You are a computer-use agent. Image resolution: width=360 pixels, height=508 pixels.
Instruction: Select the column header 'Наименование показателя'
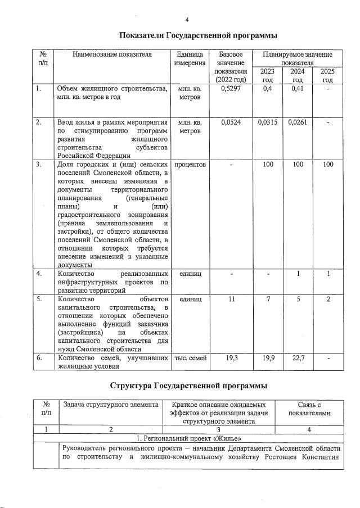tap(112, 55)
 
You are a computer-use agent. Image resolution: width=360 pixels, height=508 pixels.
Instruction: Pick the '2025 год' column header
tap(326, 76)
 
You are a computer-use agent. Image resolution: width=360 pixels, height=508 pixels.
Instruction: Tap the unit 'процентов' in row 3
tap(190, 165)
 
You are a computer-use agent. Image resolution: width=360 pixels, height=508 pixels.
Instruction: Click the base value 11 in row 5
tap(232, 300)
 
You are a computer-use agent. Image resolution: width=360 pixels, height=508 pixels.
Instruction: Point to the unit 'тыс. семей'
tap(190, 358)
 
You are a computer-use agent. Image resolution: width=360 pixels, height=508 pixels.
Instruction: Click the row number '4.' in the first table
tap(39, 274)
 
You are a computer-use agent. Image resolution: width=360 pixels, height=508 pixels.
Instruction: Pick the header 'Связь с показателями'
tap(309, 409)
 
